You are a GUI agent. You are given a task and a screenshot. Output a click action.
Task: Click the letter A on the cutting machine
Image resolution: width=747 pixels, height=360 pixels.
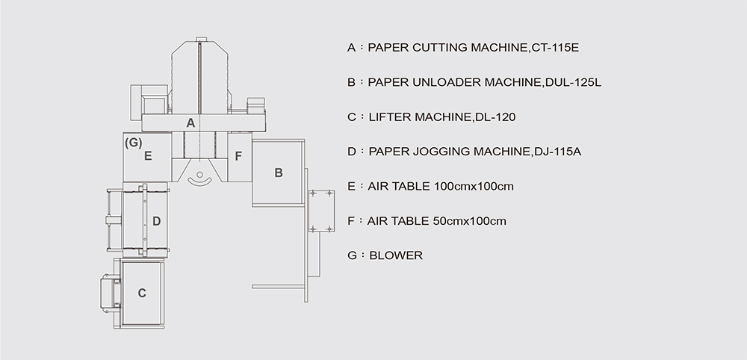tap(190, 123)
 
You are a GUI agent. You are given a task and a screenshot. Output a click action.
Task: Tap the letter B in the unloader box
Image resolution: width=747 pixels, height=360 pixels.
tap(279, 173)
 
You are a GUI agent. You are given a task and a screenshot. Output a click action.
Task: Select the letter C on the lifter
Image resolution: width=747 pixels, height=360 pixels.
tap(142, 294)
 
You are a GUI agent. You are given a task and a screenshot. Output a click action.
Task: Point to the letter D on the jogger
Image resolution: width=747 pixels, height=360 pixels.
tap(156, 221)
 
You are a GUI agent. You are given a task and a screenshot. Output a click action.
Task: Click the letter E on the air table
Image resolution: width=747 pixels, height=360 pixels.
tap(148, 156)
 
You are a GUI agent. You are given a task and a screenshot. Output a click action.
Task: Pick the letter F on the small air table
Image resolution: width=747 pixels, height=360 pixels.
tap(239, 156)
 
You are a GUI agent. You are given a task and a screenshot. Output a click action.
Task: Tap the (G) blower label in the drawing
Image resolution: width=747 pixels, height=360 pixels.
tap(134, 143)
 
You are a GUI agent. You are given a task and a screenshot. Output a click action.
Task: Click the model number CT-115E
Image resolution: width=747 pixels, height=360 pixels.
tap(554, 48)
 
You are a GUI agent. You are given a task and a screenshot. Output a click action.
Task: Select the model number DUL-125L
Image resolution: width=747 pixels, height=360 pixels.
tap(573, 82)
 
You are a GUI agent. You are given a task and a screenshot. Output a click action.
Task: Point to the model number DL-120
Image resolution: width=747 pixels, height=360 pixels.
tap(495, 117)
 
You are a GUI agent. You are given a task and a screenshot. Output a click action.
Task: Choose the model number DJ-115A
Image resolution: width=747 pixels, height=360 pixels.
tap(558, 152)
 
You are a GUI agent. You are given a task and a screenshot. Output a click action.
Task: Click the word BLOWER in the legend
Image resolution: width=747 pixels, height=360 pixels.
tap(396, 255)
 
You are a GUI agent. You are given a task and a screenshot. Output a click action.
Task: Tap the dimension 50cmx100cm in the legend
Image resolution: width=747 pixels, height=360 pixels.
tap(470, 221)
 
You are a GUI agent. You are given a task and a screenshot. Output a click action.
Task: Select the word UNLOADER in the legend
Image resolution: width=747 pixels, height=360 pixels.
tap(447, 82)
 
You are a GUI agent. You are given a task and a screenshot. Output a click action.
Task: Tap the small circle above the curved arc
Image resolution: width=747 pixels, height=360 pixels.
tap(199, 175)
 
